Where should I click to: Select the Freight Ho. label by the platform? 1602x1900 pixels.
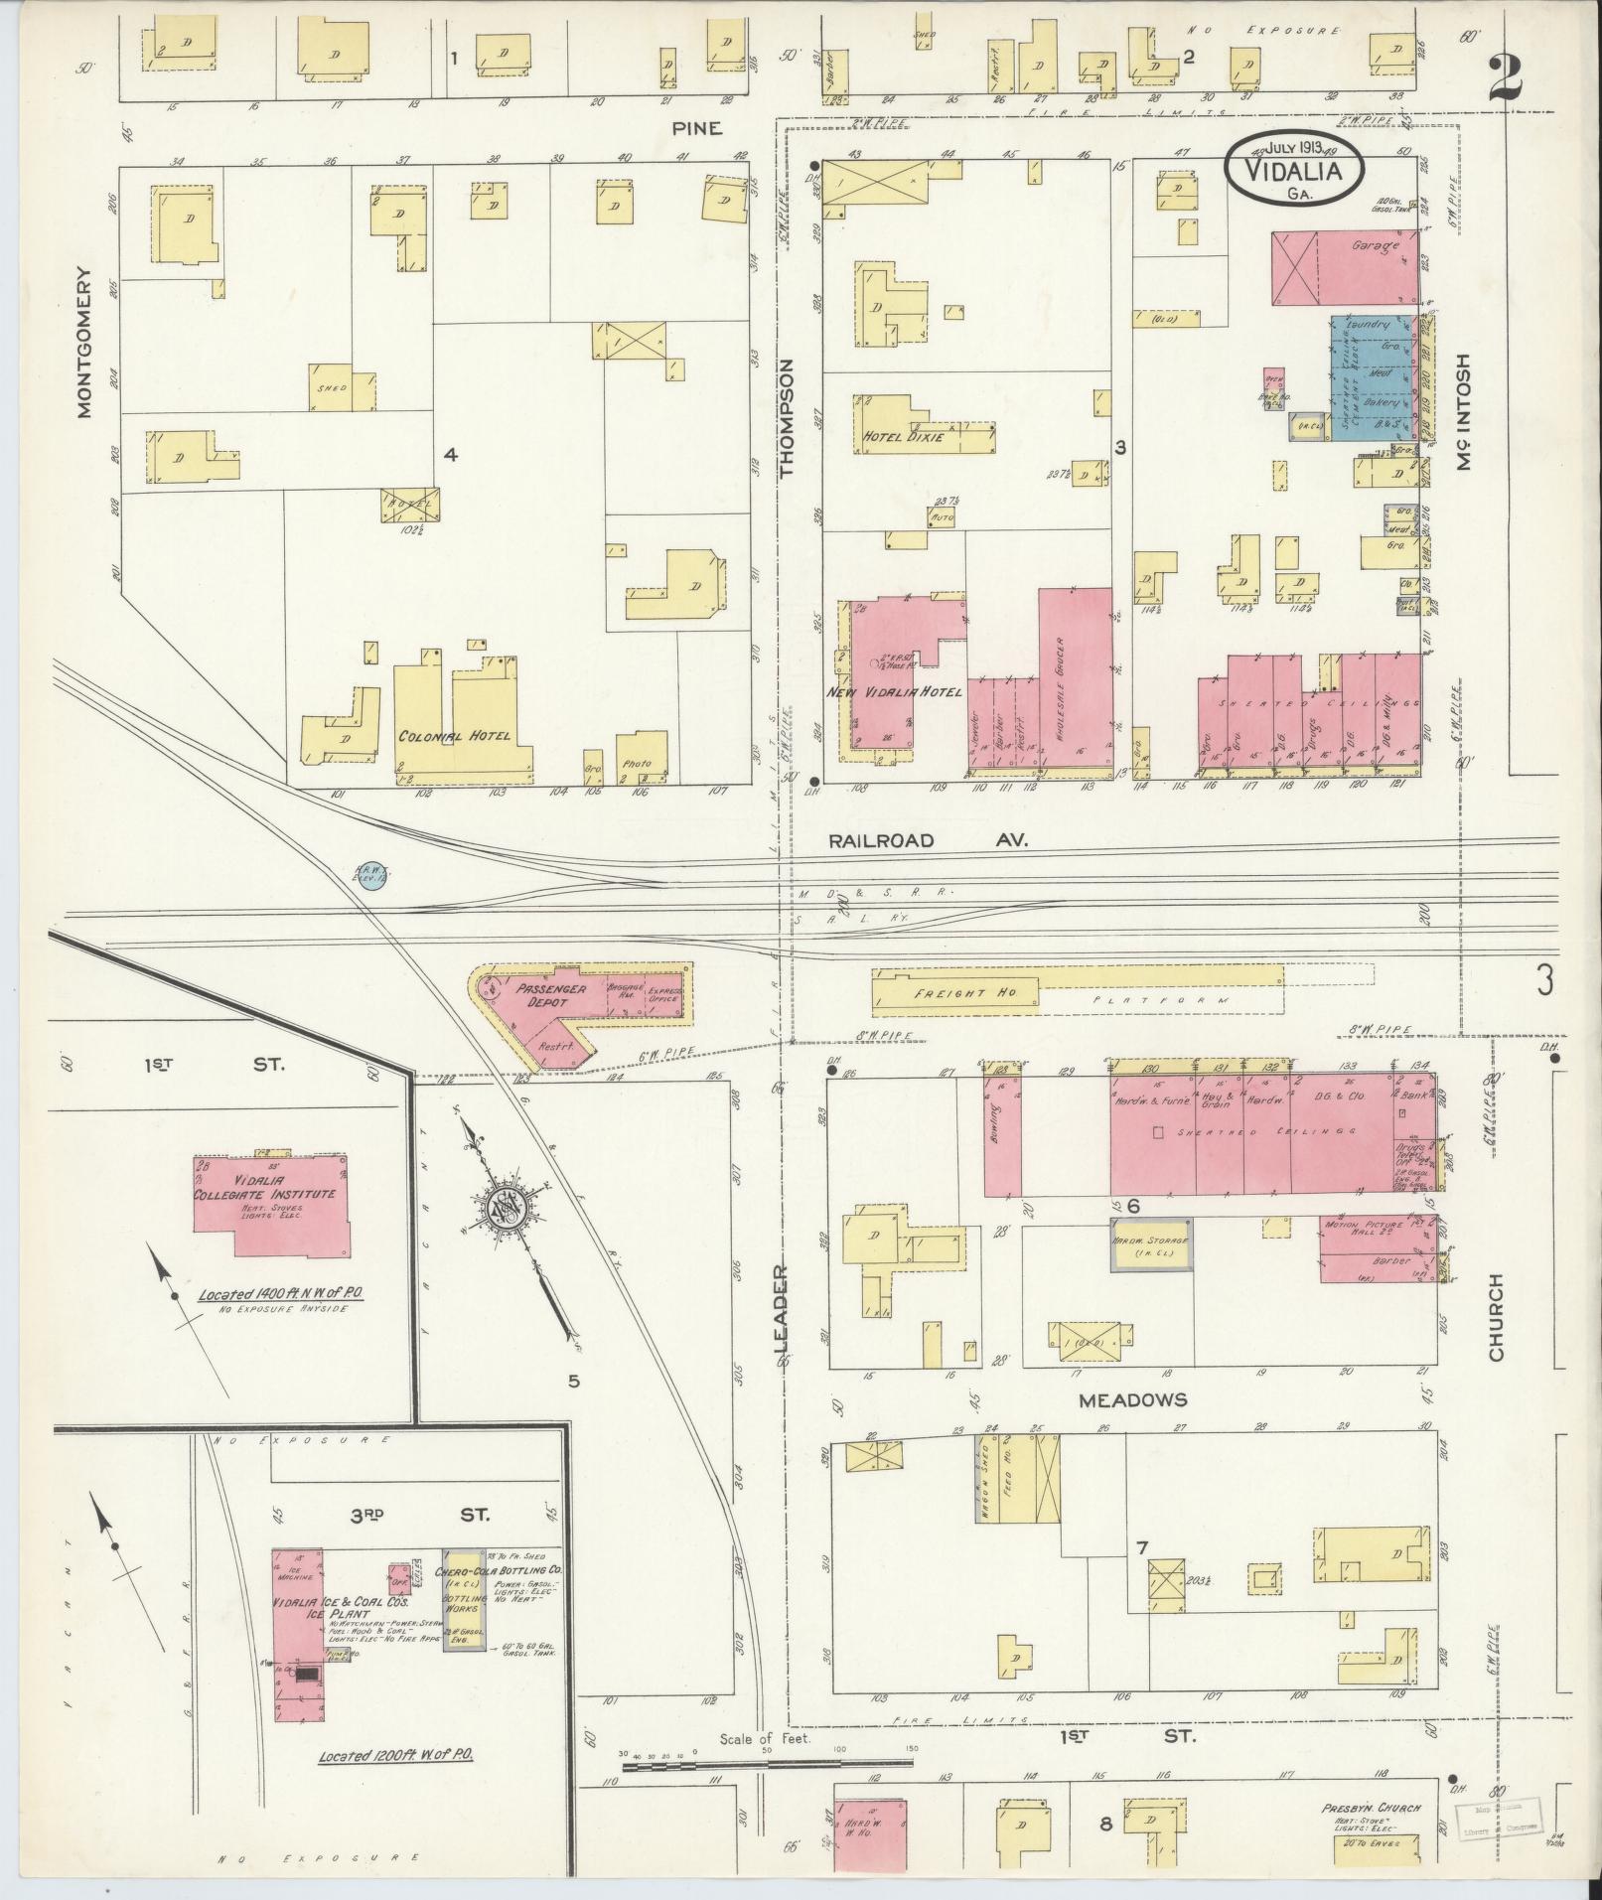(950, 993)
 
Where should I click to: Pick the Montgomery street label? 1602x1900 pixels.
(85, 341)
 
